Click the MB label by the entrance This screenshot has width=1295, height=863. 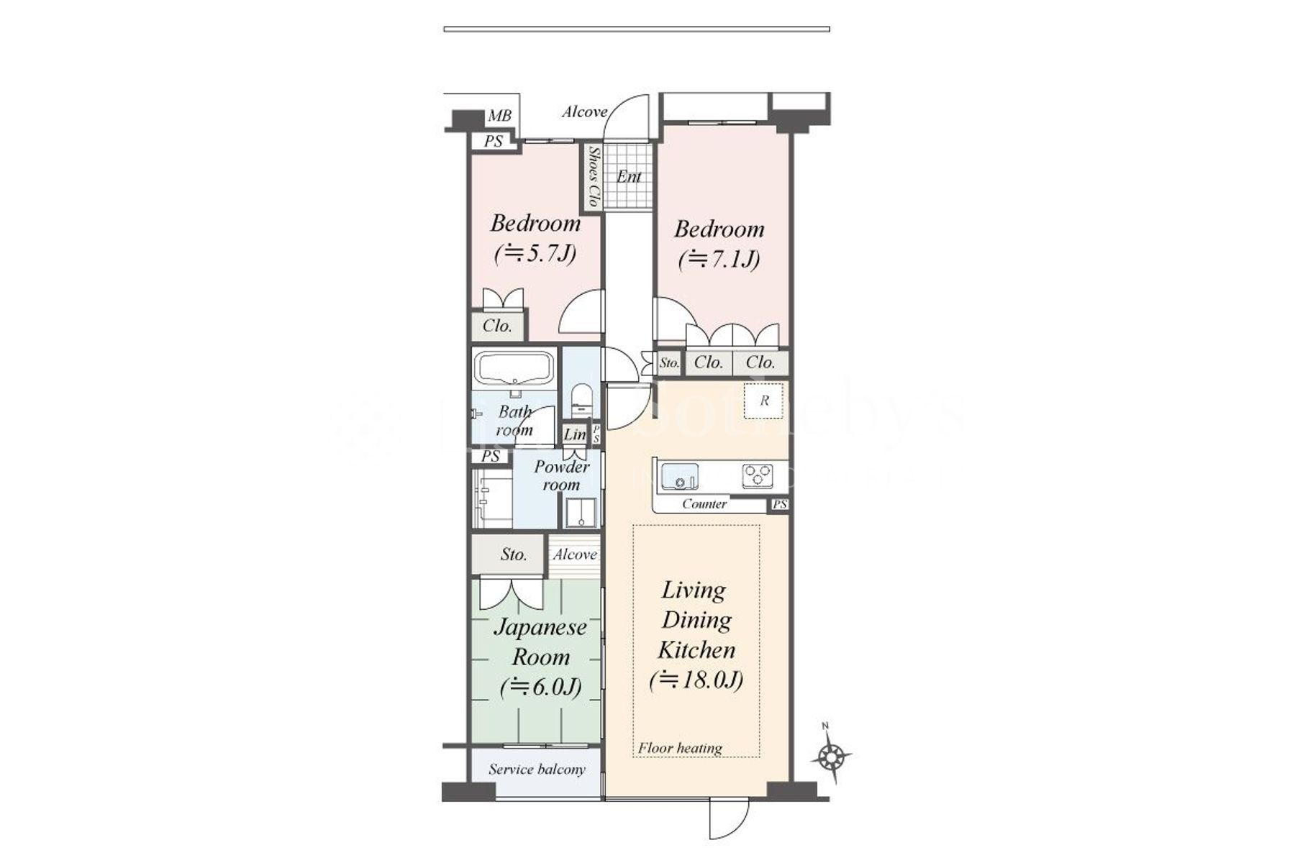(x=499, y=116)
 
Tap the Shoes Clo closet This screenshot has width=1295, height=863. (x=592, y=177)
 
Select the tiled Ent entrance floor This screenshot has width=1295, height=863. (x=628, y=177)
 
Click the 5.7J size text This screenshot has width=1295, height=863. (x=535, y=254)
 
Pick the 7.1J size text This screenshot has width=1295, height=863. (x=719, y=259)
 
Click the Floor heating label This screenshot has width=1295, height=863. (x=680, y=748)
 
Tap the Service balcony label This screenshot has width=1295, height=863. (x=537, y=770)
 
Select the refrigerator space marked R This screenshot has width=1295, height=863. (x=764, y=401)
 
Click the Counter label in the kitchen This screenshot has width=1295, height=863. (x=704, y=504)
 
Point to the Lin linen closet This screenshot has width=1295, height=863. (x=574, y=434)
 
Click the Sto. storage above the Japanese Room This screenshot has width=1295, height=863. (x=513, y=554)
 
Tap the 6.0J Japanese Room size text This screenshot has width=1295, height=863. (x=540, y=688)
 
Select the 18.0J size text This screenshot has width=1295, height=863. (x=696, y=680)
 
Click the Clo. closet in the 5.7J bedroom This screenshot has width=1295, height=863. (x=497, y=326)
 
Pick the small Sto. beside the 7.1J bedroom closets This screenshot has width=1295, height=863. (x=669, y=363)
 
